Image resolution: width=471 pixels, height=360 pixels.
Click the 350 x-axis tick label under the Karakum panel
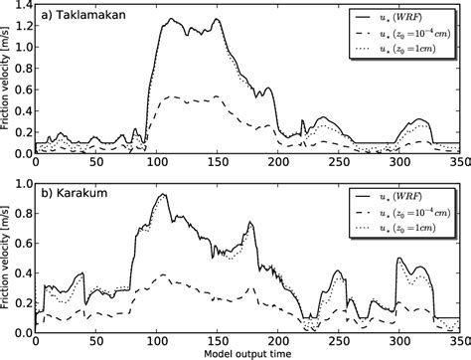click(x=457, y=342)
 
